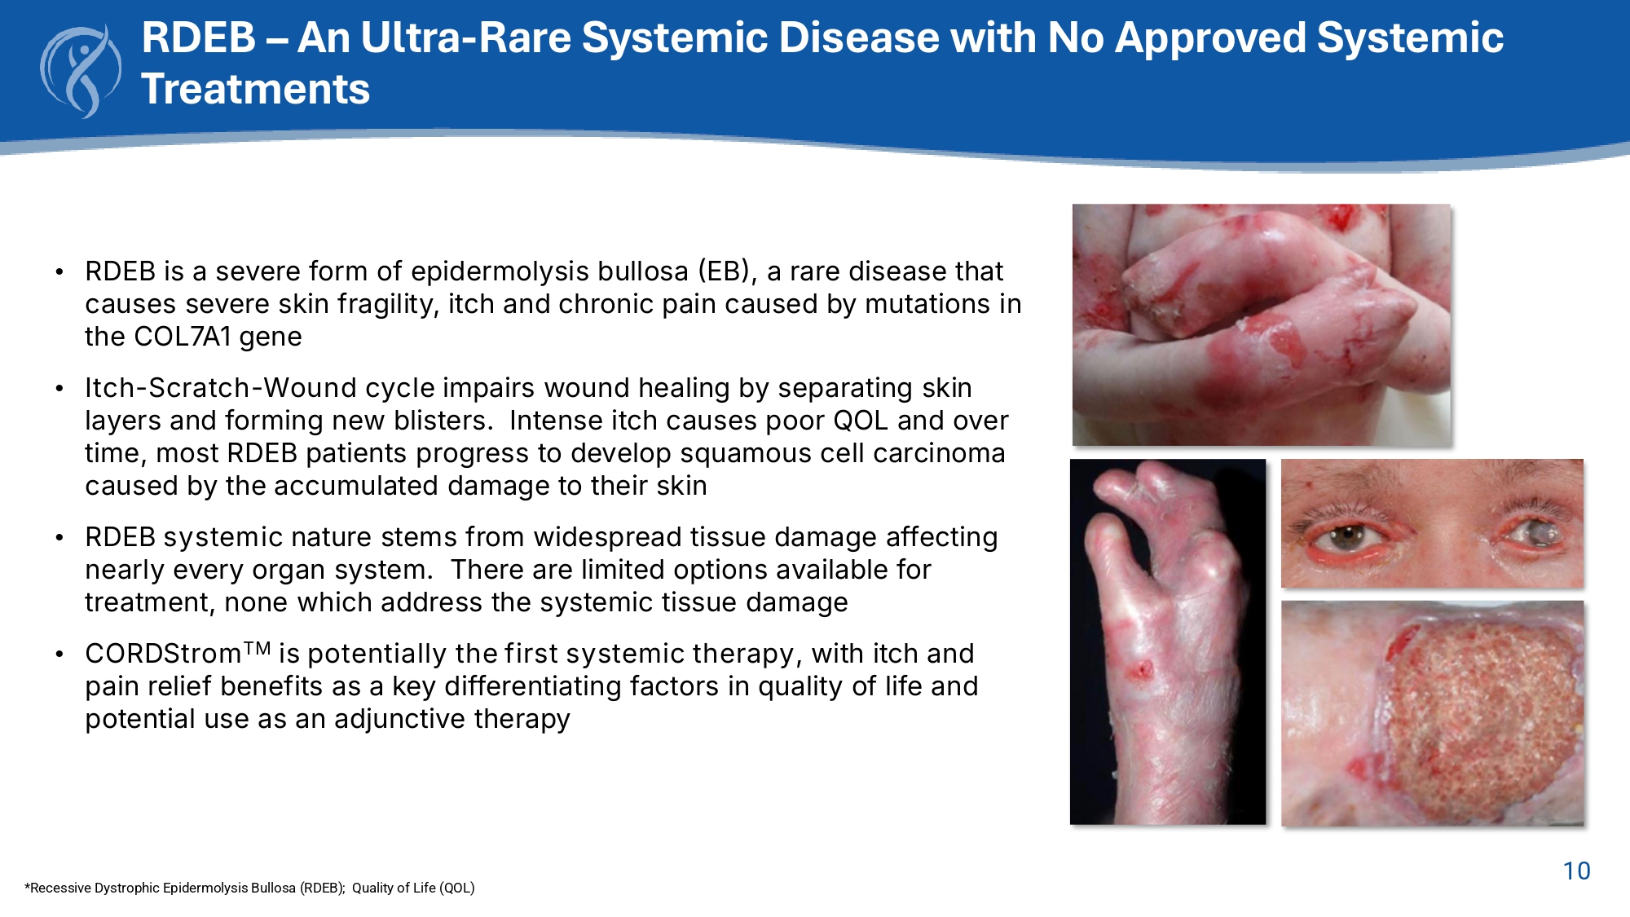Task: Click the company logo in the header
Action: coord(81,72)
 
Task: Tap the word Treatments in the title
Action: coord(256,89)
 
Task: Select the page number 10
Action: coord(1576,871)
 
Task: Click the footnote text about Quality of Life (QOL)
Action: coord(413,888)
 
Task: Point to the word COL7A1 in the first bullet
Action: coord(183,337)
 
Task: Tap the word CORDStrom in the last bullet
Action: coord(163,654)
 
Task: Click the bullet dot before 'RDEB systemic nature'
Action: coord(59,538)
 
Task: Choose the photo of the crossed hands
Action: coord(1262,324)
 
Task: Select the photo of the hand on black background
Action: coord(1168,641)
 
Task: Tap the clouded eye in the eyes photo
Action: coord(1532,533)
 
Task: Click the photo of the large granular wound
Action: coord(1433,713)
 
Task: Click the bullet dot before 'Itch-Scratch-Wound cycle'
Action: coord(59,389)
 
